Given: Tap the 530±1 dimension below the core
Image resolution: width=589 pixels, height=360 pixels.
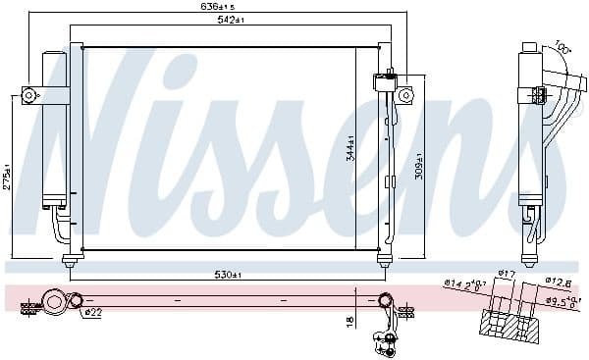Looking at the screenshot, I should (x=228, y=274).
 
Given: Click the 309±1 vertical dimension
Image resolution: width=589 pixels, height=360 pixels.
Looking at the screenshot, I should (x=419, y=164).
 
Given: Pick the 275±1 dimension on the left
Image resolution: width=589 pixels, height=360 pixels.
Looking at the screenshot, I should (x=8, y=178).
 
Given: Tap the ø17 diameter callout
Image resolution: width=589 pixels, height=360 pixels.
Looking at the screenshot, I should (x=507, y=273).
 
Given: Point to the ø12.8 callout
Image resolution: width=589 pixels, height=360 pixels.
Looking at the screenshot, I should (x=560, y=281).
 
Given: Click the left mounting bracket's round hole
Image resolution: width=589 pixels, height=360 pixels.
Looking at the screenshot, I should (x=28, y=95).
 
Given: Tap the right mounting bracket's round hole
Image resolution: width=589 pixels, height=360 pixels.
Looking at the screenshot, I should (x=403, y=94).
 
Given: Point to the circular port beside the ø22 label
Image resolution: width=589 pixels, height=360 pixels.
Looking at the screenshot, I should (x=73, y=301).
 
